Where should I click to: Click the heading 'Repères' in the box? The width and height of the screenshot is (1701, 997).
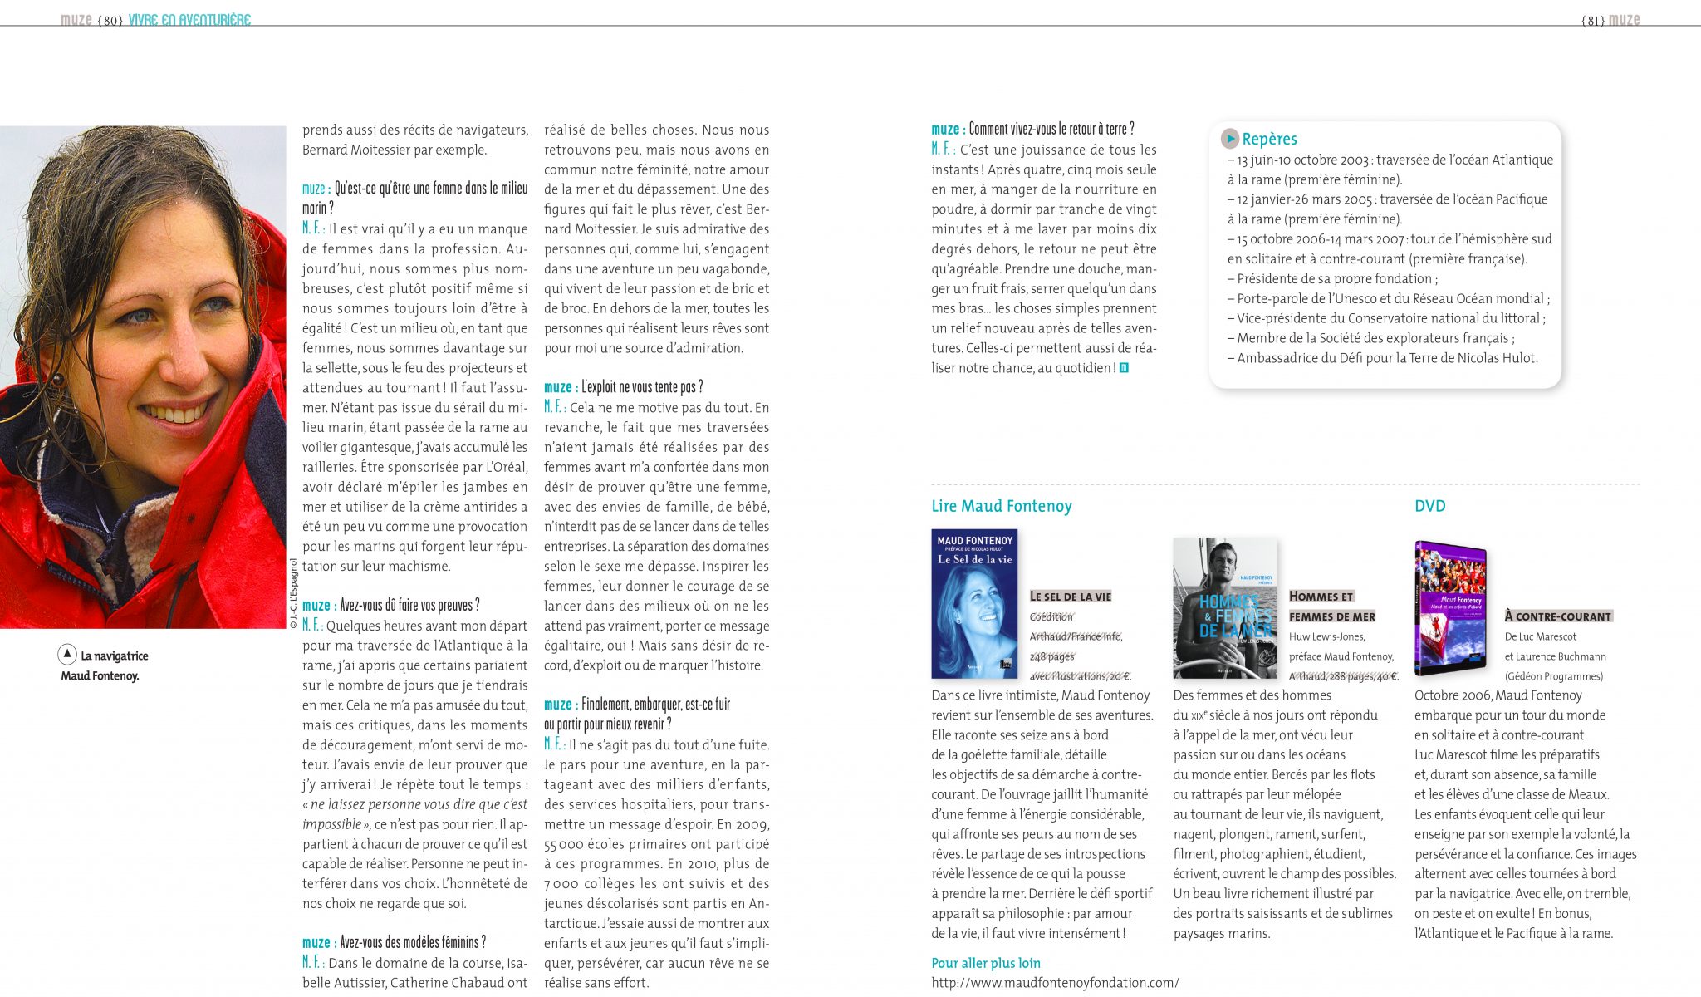click(1269, 139)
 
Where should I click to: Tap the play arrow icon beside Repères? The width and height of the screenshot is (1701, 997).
click(1230, 139)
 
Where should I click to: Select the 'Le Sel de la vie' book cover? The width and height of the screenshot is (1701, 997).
click(974, 604)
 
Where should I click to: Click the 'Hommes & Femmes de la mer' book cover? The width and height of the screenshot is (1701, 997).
click(1224, 608)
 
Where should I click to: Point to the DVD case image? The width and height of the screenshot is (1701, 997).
click(1450, 608)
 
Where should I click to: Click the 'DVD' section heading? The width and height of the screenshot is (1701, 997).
click(1429, 506)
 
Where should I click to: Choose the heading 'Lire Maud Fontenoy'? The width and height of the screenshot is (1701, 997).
click(1002, 506)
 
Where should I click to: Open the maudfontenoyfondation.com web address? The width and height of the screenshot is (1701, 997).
click(1055, 983)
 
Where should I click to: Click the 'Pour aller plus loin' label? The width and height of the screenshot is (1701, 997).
click(986, 963)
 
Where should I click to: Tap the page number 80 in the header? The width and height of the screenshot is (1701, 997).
click(110, 21)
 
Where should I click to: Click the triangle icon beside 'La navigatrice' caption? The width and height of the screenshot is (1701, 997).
click(67, 655)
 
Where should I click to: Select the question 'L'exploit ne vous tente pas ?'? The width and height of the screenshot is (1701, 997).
click(642, 387)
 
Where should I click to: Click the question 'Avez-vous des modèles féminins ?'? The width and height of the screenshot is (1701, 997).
click(413, 942)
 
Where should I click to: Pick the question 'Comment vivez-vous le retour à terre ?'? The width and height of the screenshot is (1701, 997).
click(1051, 129)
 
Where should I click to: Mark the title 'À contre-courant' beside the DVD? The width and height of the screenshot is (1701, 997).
click(1557, 616)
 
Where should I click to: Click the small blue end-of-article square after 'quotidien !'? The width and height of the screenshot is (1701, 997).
click(1124, 368)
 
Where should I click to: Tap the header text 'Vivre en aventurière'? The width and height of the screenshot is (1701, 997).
click(189, 20)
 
